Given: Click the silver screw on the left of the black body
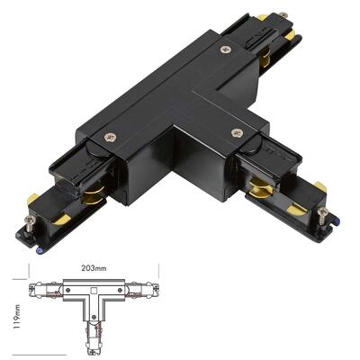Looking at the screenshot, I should [x=110, y=138].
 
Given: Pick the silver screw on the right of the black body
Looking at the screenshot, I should [x=238, y=133].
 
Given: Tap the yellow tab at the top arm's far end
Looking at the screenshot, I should [x=262, y=16].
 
